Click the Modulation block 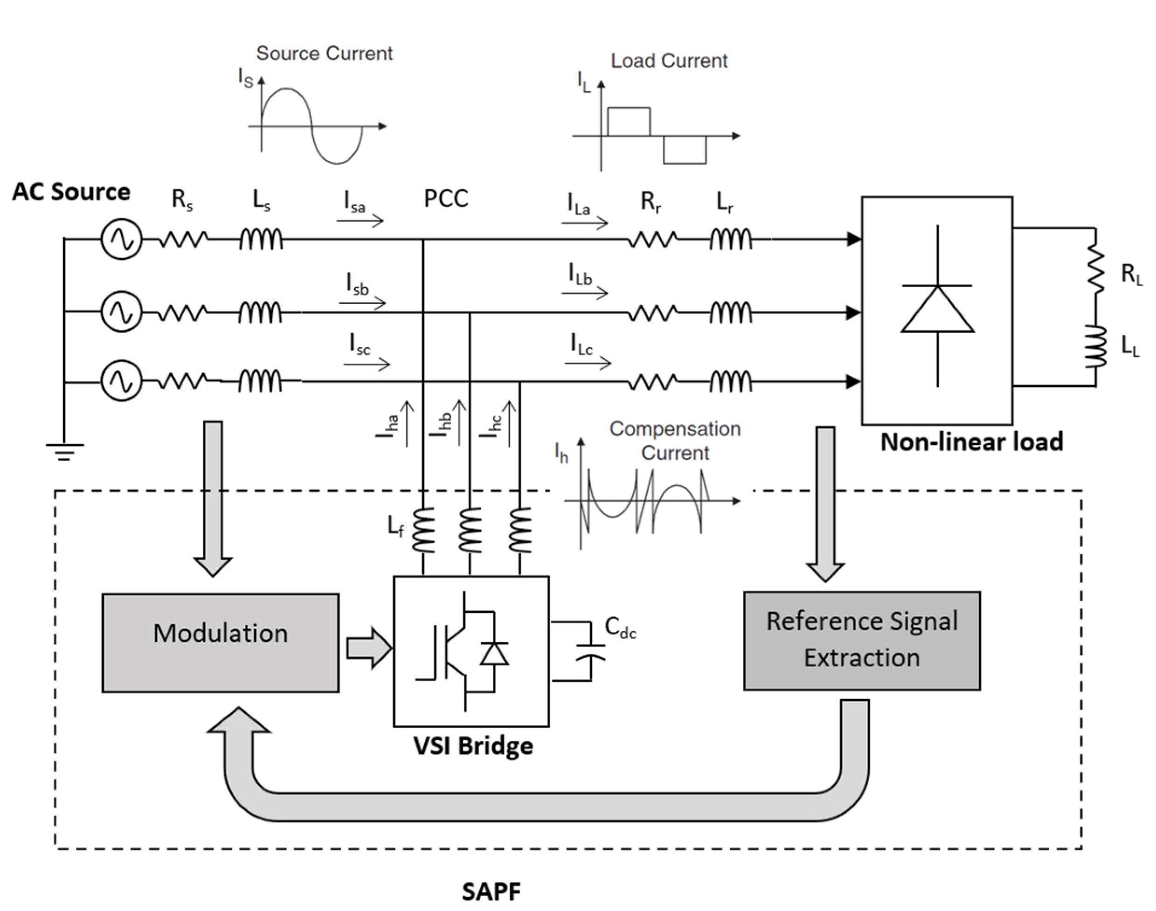(220, 643)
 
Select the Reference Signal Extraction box (862, 640)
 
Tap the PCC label (445, 199)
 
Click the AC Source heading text (71, 192)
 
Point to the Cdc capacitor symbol (590, 652)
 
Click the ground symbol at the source (64, 451)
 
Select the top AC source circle (122, 240)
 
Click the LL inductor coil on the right (1095, 348)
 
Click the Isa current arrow (360, 220)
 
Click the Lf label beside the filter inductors (395, 527)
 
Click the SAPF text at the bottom (491, 891)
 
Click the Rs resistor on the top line (183, 240)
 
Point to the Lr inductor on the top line (731, 239)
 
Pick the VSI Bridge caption (473, 745)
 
